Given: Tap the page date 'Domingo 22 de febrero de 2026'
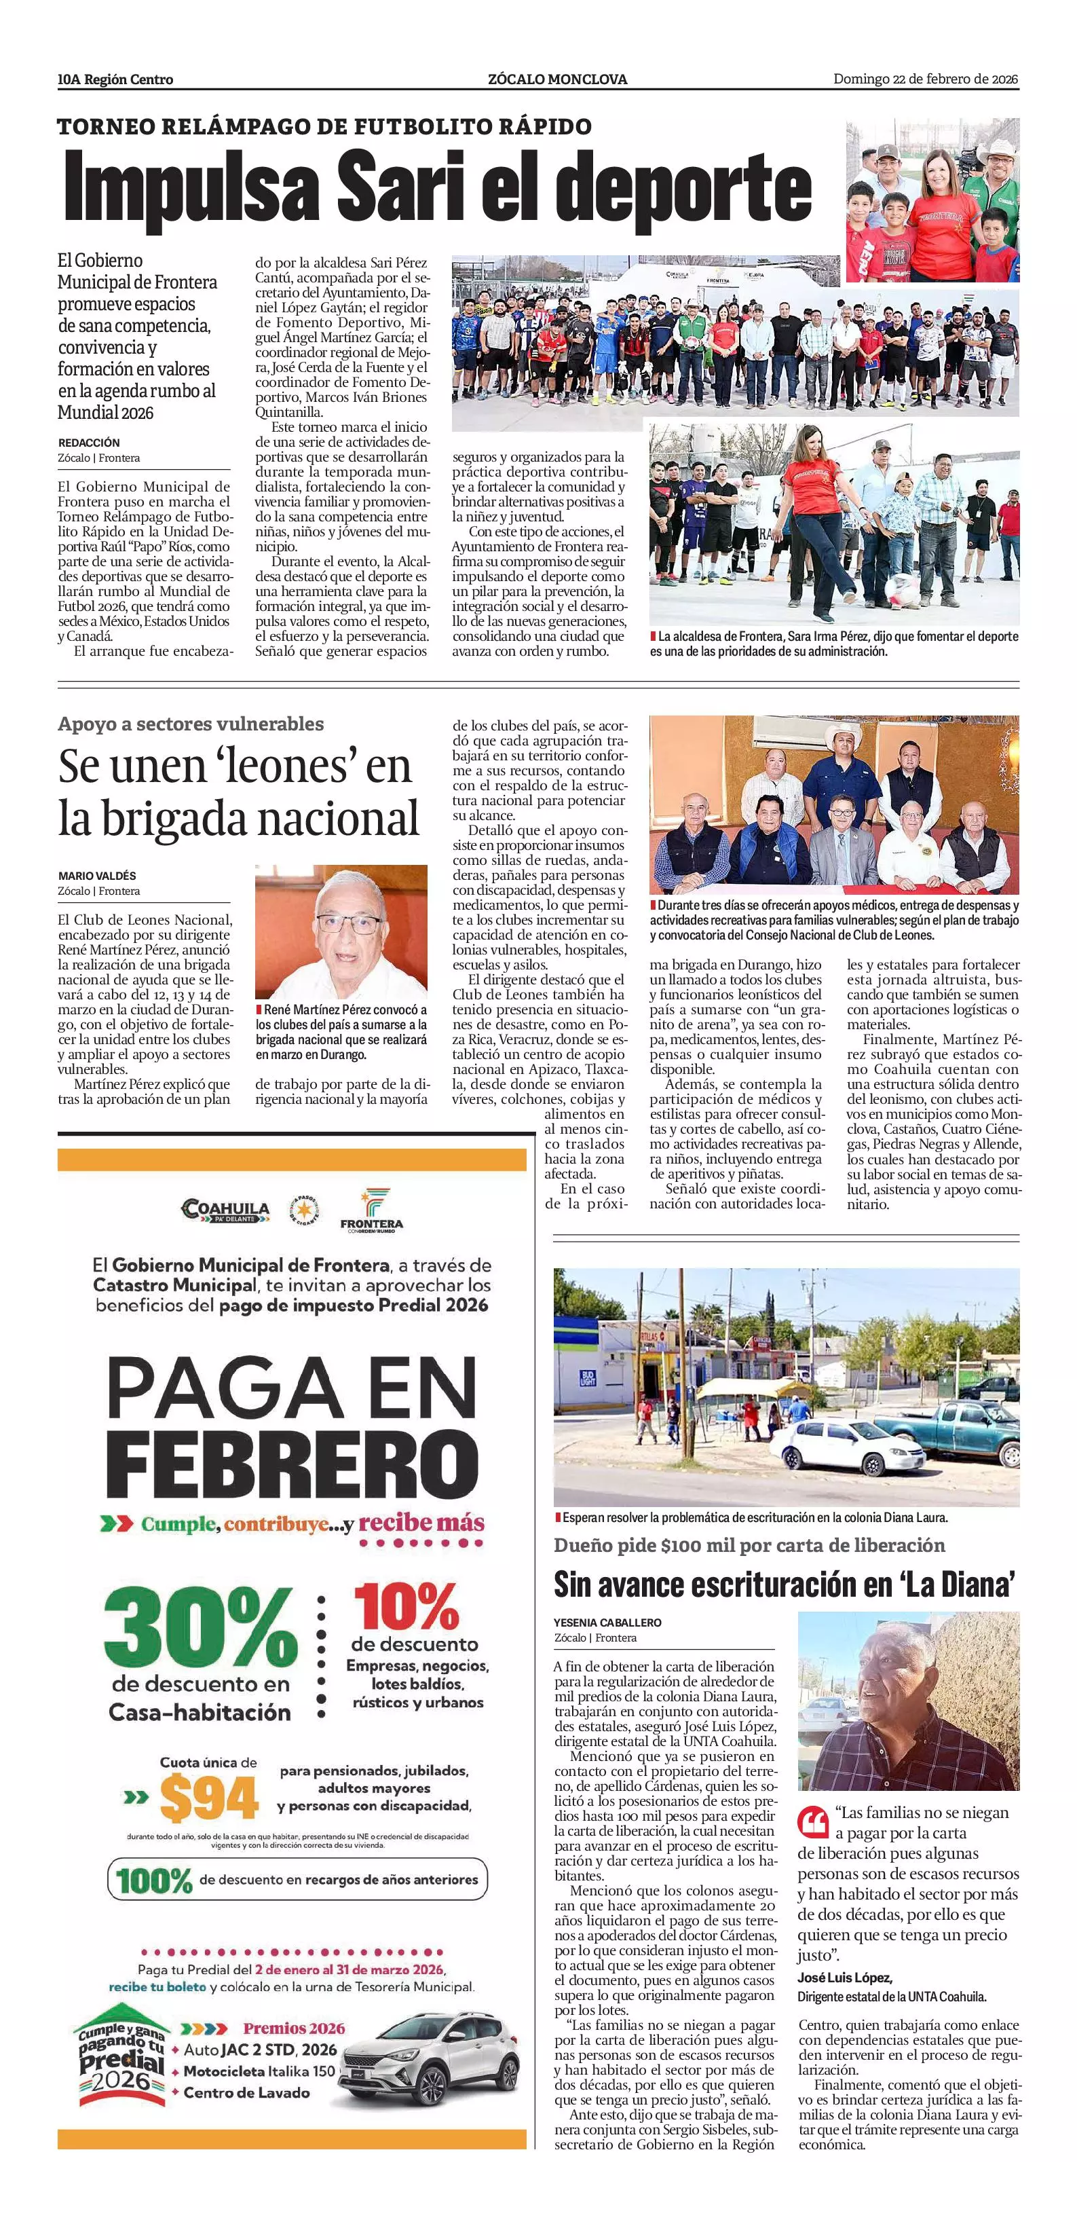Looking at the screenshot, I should (925, 79).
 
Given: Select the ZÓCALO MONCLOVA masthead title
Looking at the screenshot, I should (557, 79).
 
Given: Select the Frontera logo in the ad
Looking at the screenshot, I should (372, 1210).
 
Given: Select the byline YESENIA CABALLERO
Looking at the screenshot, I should (607, 1623).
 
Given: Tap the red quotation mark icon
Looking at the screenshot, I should (813, 1821).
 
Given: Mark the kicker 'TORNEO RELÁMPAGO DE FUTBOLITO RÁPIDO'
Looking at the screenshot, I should (324, 127).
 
